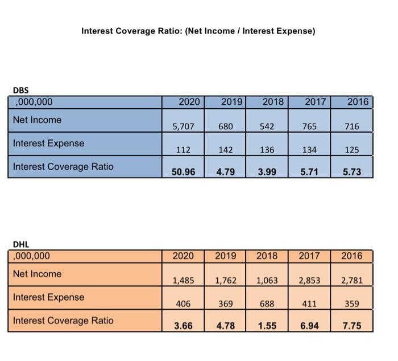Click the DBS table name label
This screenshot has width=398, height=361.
(x=20, y=90)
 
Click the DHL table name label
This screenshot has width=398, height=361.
(x=20, y=244)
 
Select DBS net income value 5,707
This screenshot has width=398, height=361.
(x=183, y=126)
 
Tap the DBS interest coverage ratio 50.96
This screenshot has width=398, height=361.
(x=183, y=171)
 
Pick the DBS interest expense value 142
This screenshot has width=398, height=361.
(x=226, y=150)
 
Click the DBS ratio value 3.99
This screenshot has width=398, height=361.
(x=267, y=171)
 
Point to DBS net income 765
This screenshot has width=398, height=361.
(x=309, y=126)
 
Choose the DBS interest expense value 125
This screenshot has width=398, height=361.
(x=352, y=150)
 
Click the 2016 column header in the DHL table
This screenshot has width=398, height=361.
(x=351, y=256)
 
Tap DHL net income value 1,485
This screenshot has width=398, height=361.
(x=183, y=280)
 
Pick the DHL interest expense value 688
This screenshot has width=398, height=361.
(x=267, y=303)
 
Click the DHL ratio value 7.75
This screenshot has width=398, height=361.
(x=352, y=326)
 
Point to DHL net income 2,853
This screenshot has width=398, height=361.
(x=309, y=280)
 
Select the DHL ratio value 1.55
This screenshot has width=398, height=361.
(x=267, y=326)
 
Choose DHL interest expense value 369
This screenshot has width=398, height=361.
(x=226, y=303)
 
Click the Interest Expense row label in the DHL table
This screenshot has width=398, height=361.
(x=48, y=297)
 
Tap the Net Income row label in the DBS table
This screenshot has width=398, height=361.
(x=37, y=120)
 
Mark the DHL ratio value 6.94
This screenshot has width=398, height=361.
(x=309, y=326)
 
